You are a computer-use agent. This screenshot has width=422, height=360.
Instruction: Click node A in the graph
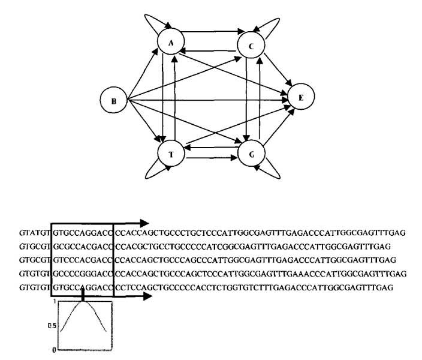(x=171, y=43)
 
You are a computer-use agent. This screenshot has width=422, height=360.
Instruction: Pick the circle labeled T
(x=171, y=154)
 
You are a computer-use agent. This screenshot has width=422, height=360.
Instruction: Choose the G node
(x=252, y=154)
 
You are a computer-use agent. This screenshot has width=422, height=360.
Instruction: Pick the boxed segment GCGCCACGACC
(x=82, y=245)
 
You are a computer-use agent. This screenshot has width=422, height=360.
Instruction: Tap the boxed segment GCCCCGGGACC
(x=82, y=273)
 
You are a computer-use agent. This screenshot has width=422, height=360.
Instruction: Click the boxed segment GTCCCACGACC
(x=82, y=259)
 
